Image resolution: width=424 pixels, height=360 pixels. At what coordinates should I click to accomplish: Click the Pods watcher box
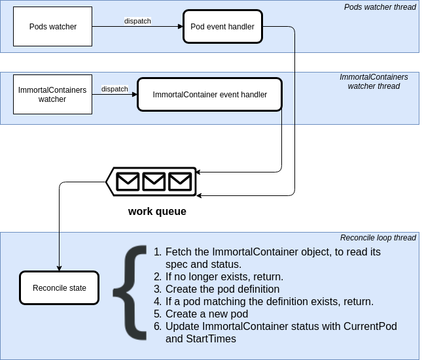pyautogui.click(x=52, y=27)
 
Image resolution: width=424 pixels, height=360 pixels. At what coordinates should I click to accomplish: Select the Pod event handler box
pyautogui.click(x=222, y=27)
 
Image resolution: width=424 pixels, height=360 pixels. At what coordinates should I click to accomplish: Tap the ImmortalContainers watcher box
pyautogui.click(x=52, y=95)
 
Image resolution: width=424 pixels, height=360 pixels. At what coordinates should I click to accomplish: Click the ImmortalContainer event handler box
pyautogui.click(x=209, y=95)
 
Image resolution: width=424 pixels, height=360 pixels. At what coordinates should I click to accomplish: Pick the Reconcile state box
pyautogui.click(x=59, y=288)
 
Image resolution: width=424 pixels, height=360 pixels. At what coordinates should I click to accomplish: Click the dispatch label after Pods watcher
pyautogui.click(x=137, y=21)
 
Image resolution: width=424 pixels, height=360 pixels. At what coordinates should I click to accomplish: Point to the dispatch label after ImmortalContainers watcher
pyautogui.click(x=115, y=89)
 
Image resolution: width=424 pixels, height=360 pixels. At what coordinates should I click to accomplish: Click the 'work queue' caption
pyautogui.click(x=157, y=212)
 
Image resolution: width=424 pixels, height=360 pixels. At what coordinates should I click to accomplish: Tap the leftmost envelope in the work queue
pyautogui.click(x=128, y=181)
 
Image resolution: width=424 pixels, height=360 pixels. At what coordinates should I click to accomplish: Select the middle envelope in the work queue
pyautogui.click(x=154, y=181)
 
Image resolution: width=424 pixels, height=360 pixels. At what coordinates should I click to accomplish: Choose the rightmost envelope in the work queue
pyautogui.click(x=179, y=181)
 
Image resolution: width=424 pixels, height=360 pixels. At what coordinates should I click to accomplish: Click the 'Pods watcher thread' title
pyautogui.click(x=380, y=7)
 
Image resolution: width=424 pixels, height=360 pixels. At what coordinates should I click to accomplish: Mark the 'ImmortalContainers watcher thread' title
pyautogui.click(x=374, y=82)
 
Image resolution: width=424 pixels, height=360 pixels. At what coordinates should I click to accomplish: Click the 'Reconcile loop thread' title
pyautogui.click(x=378, y=238)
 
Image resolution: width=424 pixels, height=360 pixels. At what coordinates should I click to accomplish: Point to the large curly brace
pyautogui.click(x=131, y=293)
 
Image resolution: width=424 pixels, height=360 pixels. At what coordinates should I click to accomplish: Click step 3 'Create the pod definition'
pyautogui.click(x=222, y=289)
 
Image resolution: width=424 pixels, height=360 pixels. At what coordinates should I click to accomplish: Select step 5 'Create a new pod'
pyautogui.click(x=206, y=314)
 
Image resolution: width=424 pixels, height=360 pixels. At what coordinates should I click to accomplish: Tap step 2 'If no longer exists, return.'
pyautogui.click(x=224, y=276)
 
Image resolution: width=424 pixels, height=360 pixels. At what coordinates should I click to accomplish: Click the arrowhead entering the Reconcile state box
pyautogui.click(x=59, y=268)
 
